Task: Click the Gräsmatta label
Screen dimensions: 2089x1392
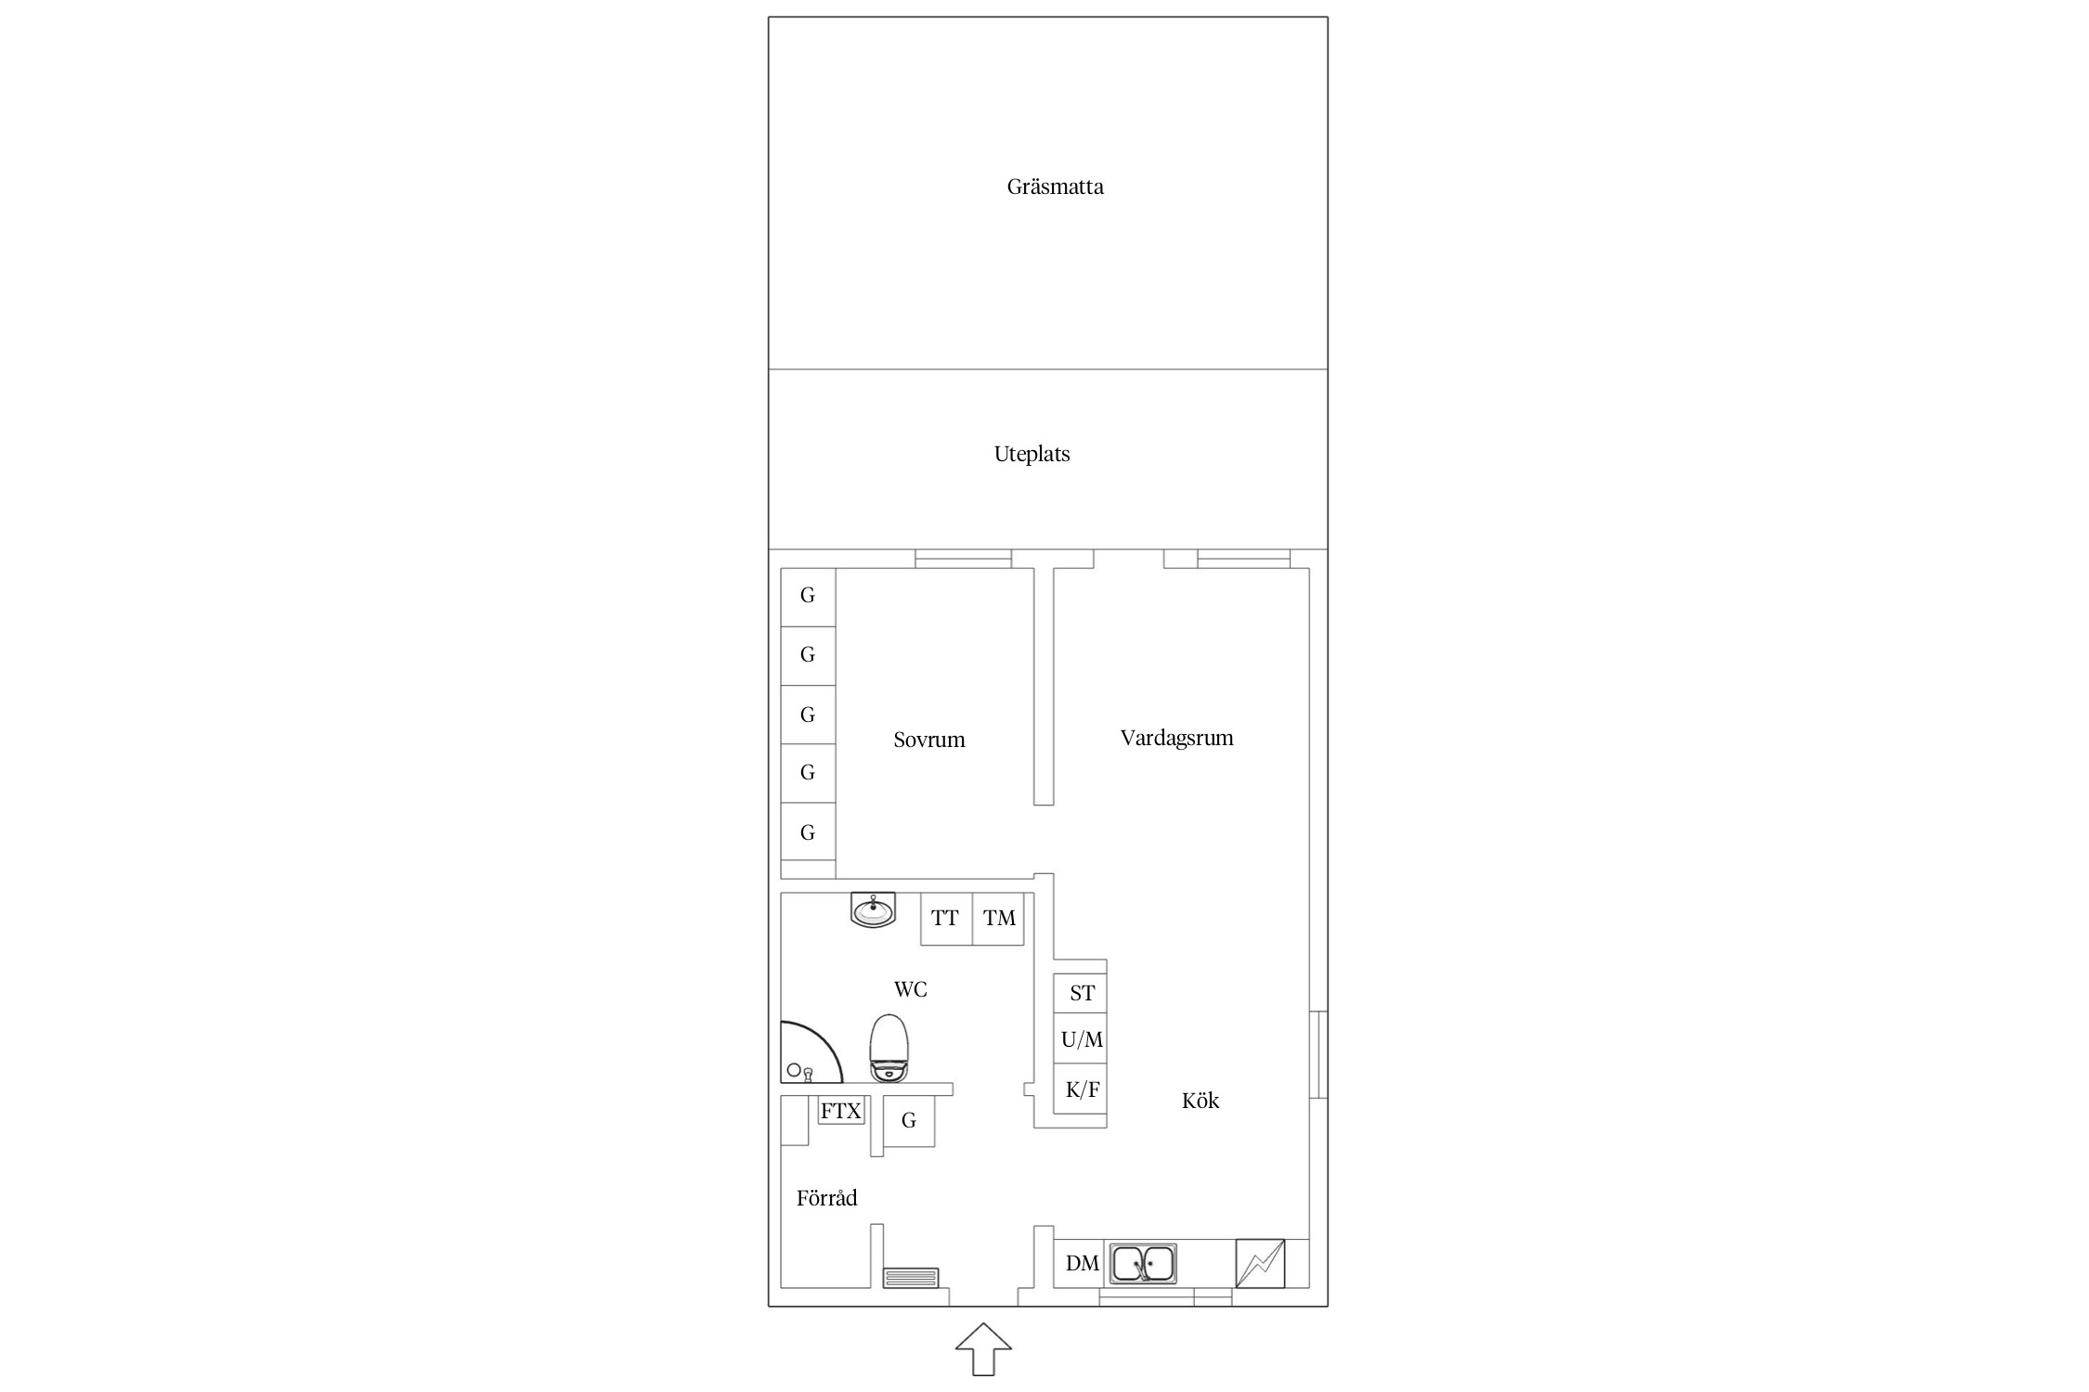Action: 1055,187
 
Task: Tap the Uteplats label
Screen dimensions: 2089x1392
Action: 1032,455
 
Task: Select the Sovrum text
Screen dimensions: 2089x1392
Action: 928,741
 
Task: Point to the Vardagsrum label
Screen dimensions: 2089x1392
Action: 1176,739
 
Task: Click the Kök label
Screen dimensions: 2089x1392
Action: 1200,1101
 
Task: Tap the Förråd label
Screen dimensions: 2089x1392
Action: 826,1198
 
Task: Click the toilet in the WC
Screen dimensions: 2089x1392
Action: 889,1049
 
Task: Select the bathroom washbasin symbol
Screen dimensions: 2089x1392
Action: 873,909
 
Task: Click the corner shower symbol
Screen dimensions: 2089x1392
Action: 811,1052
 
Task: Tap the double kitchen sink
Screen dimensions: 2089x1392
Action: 1143,1263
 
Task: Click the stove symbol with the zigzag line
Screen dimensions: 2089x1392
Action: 1260,1263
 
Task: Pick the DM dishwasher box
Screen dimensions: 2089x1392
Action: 1081,1263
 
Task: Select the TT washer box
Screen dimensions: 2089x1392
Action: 946,919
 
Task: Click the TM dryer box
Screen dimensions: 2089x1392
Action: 998,919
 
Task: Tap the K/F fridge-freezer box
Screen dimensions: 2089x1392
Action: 1081,1089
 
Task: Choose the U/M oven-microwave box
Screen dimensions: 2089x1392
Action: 1081,1039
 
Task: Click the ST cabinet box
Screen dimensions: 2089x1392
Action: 1081,993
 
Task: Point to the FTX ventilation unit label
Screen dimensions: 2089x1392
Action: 841,1111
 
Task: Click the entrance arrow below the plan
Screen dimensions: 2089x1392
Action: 983,1349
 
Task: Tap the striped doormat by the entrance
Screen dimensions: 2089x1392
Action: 911,1278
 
